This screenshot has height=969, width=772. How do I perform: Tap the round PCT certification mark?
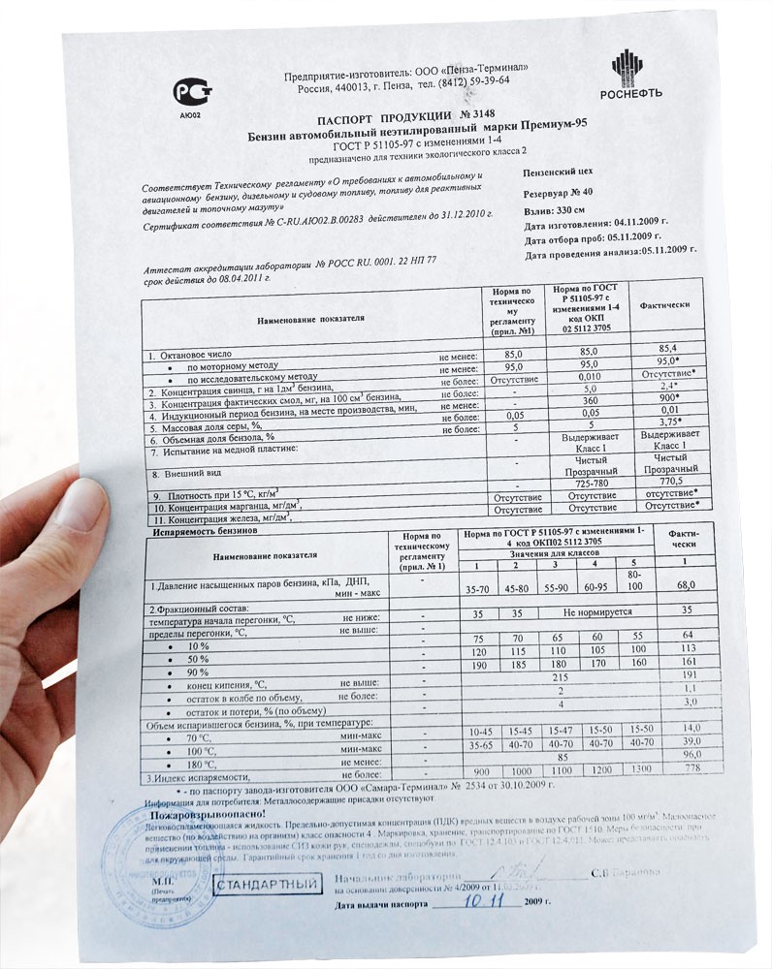point(189,92)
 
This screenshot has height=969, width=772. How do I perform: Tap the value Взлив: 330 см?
point(555,208)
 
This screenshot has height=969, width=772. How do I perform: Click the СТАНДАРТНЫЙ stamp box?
point(267,885)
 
